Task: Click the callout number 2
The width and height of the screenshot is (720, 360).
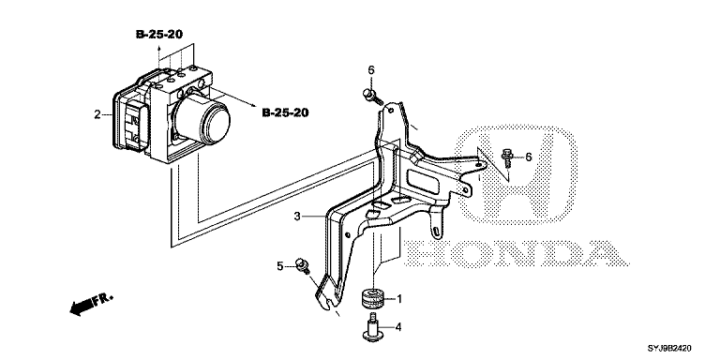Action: click(97, 114)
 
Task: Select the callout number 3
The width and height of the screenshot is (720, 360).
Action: click(297, 216)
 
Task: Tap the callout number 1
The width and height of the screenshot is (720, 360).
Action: click(399, 299)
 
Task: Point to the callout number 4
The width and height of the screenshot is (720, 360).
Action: click(398, 327)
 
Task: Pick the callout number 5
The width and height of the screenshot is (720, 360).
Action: click(280, 266)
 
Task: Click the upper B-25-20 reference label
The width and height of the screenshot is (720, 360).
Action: click(159, 34)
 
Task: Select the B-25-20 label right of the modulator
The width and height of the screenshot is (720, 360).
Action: click(285, 112)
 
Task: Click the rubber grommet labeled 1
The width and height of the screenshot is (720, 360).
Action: click(371, 299)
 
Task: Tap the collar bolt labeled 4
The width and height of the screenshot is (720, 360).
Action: click(372, 329)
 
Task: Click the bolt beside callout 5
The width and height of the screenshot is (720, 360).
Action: click(303, 266)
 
